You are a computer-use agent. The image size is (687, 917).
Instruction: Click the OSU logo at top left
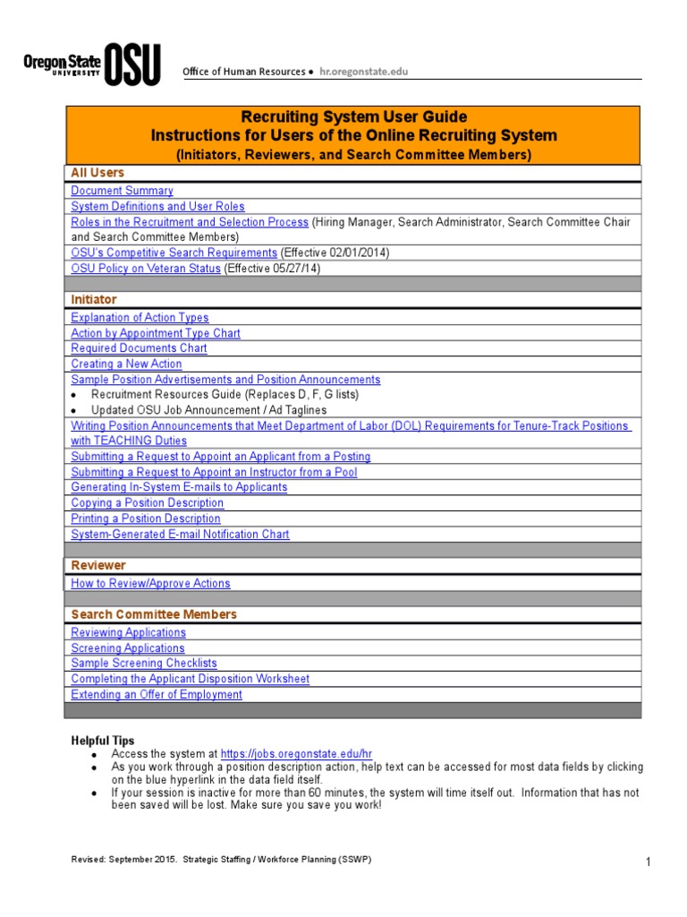pos(91,64)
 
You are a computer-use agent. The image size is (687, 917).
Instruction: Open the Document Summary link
pos(122,191)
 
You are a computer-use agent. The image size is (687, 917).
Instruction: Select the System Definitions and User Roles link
pos(157,206)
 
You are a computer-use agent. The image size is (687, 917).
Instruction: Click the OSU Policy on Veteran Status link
pos(146,269)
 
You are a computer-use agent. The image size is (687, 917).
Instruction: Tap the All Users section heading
pos(98,173)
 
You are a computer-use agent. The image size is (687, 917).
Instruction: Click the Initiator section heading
pos(94,299)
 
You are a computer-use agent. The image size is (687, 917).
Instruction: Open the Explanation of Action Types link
pos(140,318)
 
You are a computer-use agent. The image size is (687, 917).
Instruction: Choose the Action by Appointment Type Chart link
pos(156,333)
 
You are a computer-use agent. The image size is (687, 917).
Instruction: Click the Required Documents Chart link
pos(139,348)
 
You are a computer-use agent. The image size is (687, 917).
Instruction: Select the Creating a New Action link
pos(126,364)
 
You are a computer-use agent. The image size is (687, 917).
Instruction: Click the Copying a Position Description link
pos(146,503)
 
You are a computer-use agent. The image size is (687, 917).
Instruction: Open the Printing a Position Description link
pos(146,518)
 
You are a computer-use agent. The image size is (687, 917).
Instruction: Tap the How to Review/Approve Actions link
pos(150,584)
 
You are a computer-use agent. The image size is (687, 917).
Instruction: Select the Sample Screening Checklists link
pos(144,664)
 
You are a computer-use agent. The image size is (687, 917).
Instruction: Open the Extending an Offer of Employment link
pos(157,695)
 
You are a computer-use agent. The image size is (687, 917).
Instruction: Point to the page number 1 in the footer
pos(646,862)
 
